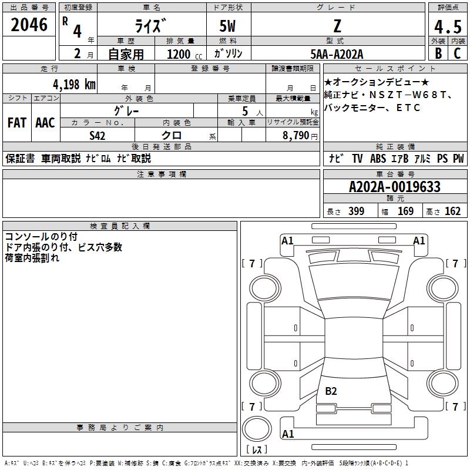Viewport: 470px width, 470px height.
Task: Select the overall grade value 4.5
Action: click(447, 27)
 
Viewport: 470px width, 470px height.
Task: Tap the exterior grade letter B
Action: click(438, 53)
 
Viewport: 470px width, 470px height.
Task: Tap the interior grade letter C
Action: click(456, 53)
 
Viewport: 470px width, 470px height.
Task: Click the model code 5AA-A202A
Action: click(337, 54)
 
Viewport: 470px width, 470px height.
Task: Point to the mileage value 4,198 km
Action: click(66, 84)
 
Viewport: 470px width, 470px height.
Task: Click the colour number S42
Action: click(98, 135)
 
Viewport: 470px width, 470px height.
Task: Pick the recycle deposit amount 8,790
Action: click(295, 135)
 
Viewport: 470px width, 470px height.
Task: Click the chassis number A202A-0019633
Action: click(394, 187)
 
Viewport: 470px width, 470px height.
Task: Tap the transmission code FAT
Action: click(17, 123)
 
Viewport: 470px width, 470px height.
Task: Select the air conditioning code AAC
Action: click(45, 123)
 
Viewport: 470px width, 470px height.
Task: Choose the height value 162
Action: click(452, 211)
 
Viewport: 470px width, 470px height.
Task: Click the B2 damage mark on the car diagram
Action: click(331, 391)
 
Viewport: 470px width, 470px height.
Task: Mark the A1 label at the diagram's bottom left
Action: click(288, 434)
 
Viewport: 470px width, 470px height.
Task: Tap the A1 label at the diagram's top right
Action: click(419, 240)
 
